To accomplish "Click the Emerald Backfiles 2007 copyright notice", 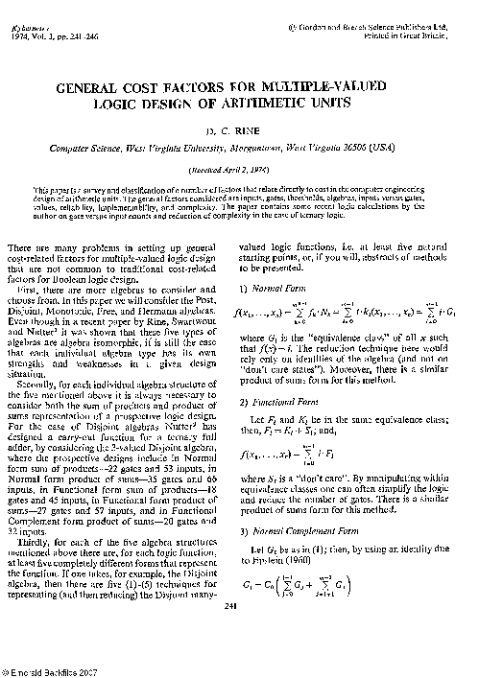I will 48,670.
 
